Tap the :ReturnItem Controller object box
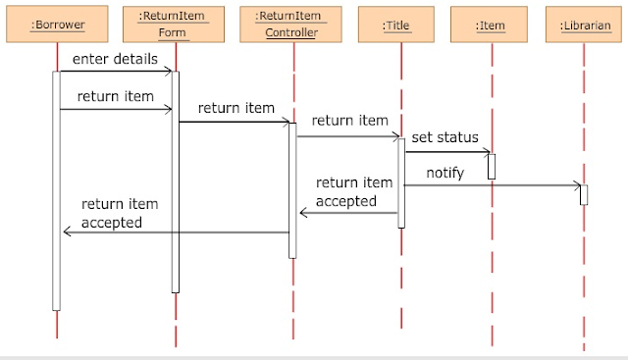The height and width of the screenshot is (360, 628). coord(292,24)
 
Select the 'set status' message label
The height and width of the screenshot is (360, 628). coord(445,137)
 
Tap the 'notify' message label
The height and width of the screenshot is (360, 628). coord(445,173)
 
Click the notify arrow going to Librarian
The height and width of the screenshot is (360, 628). coord(491,184)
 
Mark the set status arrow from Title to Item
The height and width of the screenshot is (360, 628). coord(446,151)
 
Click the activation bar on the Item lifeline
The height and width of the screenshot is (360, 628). coord(492,166)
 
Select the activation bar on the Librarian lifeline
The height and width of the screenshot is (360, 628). coord(583,194)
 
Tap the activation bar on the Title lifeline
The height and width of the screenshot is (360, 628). coord(401,182)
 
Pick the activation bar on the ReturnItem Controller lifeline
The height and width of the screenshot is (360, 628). coord(292,189)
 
